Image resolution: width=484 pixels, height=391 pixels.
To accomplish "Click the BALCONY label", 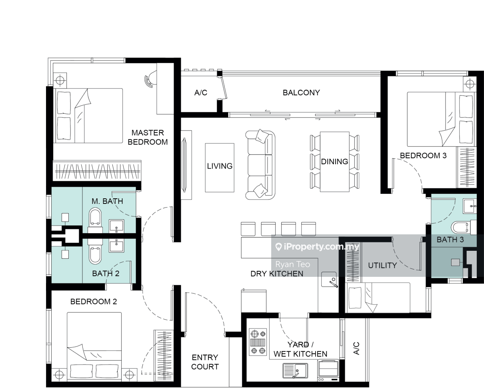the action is coord(301,93).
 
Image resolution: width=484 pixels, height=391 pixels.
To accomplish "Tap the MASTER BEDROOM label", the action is coord(148,137).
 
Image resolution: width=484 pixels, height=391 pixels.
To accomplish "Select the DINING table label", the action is coord(334,161).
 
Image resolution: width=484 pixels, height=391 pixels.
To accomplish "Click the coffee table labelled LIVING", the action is coord(220,167).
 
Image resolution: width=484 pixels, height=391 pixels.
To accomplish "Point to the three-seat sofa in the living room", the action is coord(260,165).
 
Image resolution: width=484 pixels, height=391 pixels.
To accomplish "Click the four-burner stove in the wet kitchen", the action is coord(258,342).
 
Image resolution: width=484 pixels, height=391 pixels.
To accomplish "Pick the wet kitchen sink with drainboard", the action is coord(295,371).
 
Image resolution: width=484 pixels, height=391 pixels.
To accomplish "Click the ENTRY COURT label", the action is coord(205,362).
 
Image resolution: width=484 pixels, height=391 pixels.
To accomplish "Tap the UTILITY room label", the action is coord(382,265).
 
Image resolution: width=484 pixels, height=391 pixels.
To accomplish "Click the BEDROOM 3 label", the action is coord(423,155).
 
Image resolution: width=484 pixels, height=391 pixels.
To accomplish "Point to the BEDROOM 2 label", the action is coord(94,301).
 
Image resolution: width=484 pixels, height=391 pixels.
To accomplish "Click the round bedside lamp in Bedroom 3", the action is coord(470,84).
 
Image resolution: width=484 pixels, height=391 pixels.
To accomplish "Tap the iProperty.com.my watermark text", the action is coord(317,247).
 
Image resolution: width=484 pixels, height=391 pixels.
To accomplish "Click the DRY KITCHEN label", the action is coord(277,274).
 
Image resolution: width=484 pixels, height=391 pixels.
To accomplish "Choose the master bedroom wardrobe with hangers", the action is coord(97,171).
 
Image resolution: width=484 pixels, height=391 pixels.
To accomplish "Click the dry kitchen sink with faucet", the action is coord(329,279).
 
